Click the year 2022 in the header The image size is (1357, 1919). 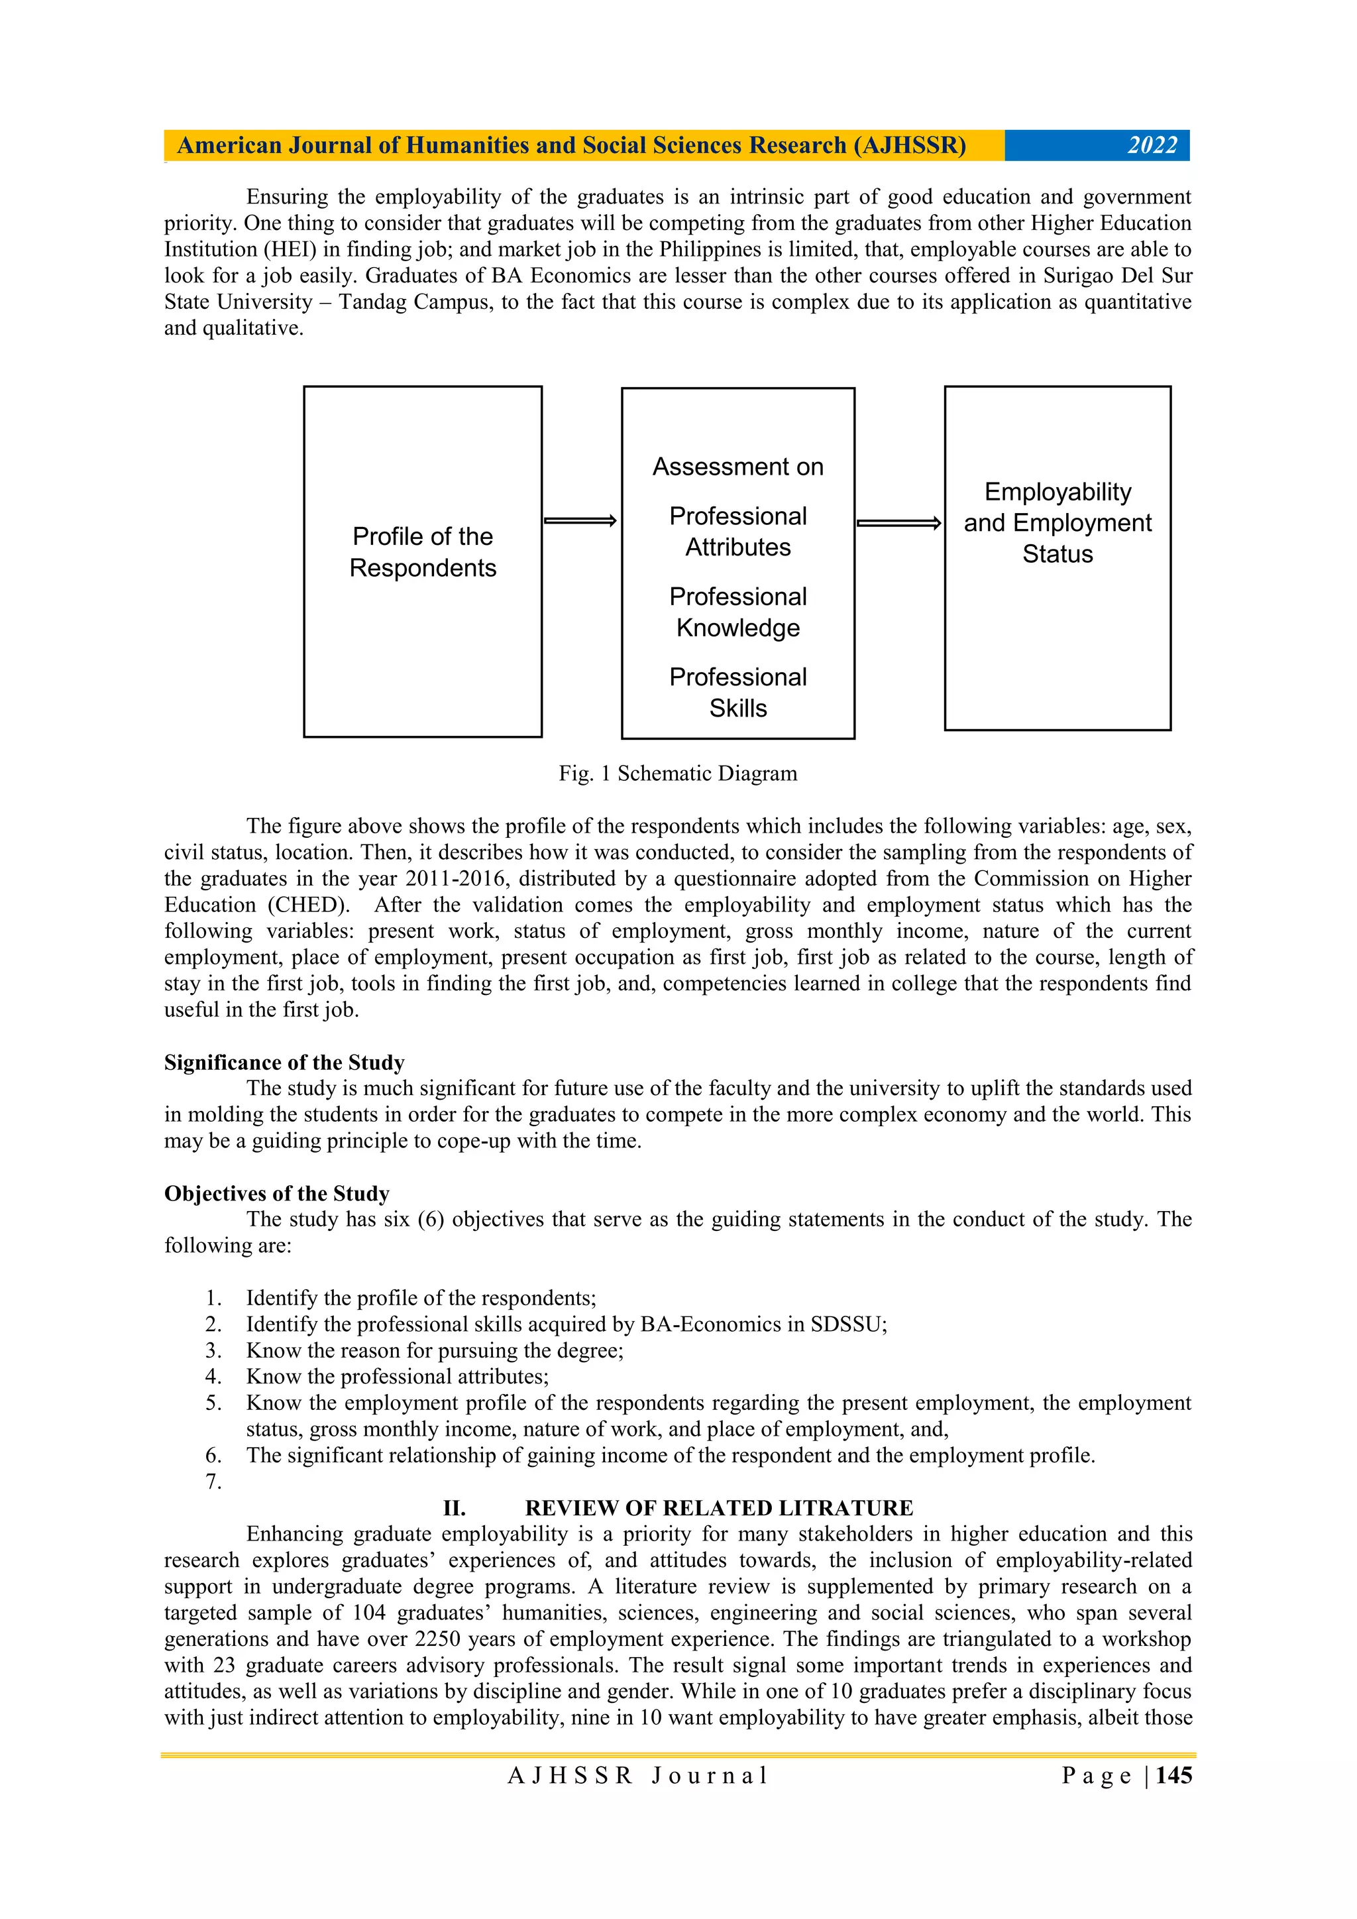(x=1152, y=145)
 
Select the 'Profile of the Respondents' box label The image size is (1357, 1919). (x=423, y=552)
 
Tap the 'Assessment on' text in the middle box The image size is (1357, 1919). (x=738, y=467)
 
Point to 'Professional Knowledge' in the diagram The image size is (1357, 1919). (x=738, y=612)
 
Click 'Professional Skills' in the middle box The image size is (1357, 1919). (x=738, y=692)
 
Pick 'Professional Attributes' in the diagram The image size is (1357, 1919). (x=738, y=532)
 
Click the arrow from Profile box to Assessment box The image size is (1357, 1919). (x=580, y=522)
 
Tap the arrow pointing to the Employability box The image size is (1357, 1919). (x=898, y=523)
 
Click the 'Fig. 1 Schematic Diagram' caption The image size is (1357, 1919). (x=678, y=773)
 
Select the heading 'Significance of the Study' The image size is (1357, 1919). (x=284, y=1063)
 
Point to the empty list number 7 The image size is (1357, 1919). (x=213, y=1482)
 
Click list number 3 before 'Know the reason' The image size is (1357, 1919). (x=213, y=1351)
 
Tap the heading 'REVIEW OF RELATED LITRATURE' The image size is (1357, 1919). (x=719, y=1508)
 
